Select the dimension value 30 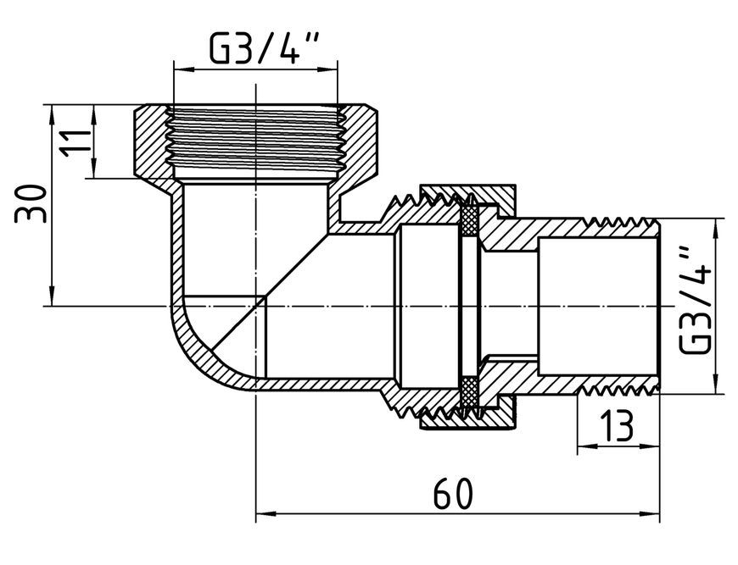click(31, 203)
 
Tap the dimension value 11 click(75, 141)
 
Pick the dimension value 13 click(616, 425)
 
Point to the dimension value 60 click(452, 493)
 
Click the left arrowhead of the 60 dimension click(266, 513)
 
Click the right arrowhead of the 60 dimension click(650, 513)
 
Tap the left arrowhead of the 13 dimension click(587, 446)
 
